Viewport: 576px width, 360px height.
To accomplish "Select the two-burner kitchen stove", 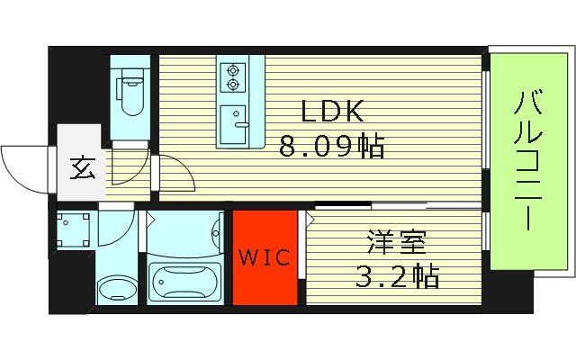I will pyautogui.click(x=234, y=77).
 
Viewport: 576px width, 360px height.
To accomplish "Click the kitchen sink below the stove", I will pyautogui.click(x=235, y=120).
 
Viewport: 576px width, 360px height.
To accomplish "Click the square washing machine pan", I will pyautogui.click(x=72, y=232).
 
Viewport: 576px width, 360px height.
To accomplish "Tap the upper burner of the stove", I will pyautogui.click(x=234, y=68).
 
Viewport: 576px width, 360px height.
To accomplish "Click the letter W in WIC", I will pyautogui.click(x=249, y=258).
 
